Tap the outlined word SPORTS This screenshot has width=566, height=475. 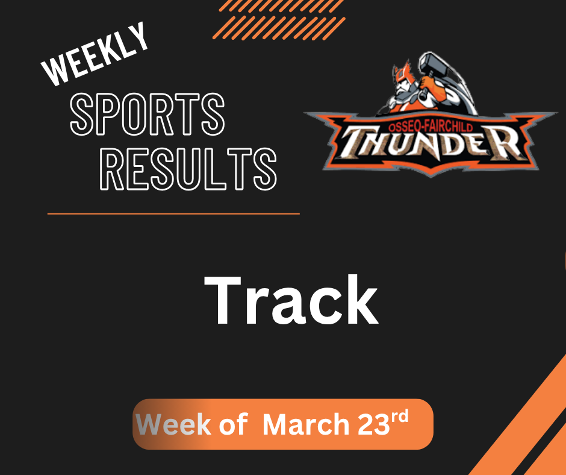[x=148, y=115]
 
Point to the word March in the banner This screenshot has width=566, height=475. [x=306, y=425]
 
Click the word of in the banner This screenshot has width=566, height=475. [x=232, y=425]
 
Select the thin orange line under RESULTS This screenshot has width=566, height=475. [x=173, y=213]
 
